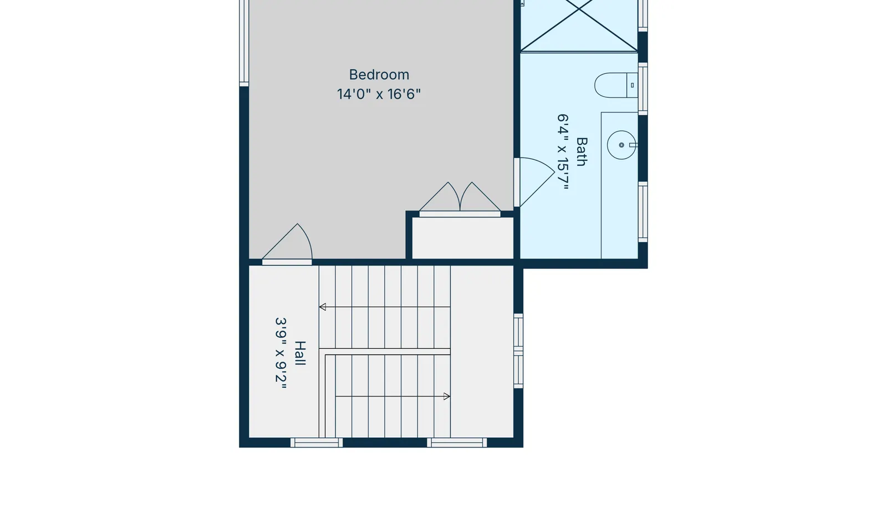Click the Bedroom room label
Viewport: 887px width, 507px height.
pos(379,74)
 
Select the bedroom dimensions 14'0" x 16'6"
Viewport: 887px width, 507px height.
pos(379,94)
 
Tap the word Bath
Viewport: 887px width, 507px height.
pos(582,151)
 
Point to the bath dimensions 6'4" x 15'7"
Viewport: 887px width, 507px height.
pos(563,152)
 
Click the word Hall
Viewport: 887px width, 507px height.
pos(300,353)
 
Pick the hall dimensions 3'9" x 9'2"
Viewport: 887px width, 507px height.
pos(281,353)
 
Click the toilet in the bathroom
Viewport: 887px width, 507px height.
pos(616,85)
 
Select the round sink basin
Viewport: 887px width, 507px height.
pos(621,145)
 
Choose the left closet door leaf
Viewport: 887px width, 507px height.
pos(440,197)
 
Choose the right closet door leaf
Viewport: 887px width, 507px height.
pos(480,197)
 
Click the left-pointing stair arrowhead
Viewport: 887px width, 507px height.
pos(323,307)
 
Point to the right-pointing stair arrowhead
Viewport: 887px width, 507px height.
pos(447,397)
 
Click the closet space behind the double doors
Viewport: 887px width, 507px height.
pos(463,238)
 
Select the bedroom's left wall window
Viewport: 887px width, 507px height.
pos(244,42)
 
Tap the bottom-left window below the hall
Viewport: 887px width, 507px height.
pos(317,443)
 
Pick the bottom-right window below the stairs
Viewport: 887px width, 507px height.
pos(457,443)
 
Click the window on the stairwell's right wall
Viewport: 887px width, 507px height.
pos(518,351)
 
